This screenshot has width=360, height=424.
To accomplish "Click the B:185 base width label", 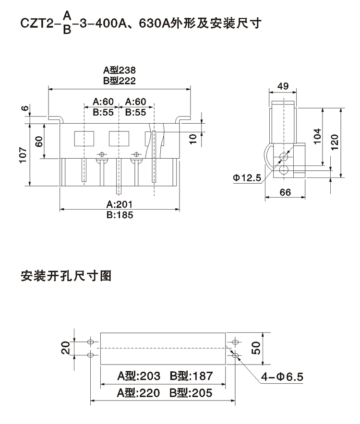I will [120, 214].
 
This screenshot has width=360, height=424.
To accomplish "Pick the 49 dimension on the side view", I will [283, 86].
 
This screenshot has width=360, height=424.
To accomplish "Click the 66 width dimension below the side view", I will [285, 192].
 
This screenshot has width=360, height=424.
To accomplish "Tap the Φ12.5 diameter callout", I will [248, 178].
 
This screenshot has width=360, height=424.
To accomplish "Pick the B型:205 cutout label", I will [191, 393].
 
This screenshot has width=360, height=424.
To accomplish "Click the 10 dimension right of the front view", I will [193, 138].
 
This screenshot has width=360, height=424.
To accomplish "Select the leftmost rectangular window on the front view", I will [81, 138].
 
